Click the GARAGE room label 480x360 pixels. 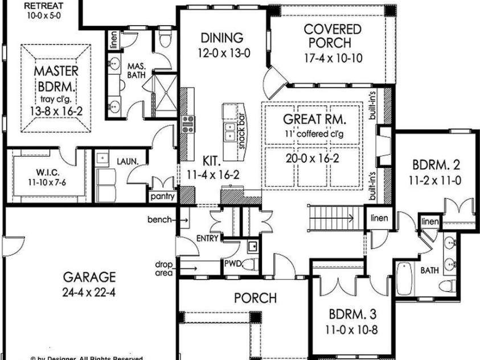click(89, 277)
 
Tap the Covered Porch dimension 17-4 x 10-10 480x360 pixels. click(333, 58)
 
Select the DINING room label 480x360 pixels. click(222, 38)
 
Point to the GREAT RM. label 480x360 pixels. click(315, 120)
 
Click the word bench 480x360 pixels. click(159, 219)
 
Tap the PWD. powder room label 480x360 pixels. click(233, 264)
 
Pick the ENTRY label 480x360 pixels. click(207, 239)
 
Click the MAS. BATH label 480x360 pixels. click(137, 70)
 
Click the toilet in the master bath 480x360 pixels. click(166, 40)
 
